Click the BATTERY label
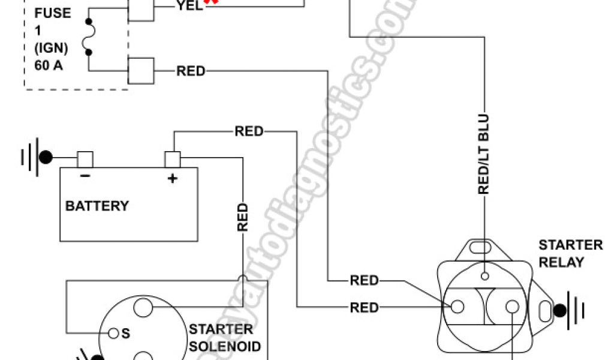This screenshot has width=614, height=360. click(97, 206)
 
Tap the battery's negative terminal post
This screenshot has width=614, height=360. click(85, 159)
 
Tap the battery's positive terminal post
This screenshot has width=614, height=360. click(173, 159)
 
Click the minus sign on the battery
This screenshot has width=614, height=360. click(85, 176)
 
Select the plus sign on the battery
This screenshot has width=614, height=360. click(173, 178)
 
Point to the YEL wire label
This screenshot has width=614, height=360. click(189, 5)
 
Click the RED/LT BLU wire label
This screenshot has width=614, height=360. click(484, 155)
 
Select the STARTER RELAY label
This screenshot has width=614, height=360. click(570, 253)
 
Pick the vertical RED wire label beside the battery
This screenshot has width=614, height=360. click(242, 217)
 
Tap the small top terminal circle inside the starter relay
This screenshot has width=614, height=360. click(484, 276)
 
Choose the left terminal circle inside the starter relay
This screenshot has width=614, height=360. click(457, 307)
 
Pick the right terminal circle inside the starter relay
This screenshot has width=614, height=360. click(511, 307)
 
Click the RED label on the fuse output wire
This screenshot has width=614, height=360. click(191, 71)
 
